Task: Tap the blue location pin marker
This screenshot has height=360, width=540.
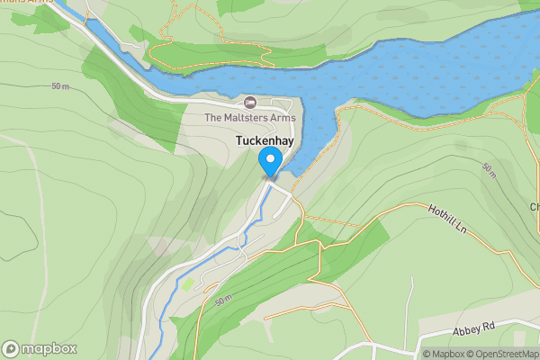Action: (x=270, y=162)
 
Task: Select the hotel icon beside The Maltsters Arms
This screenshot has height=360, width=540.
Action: (x=249, y=102)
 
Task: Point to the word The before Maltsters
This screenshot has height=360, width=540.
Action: (x=213, y=117)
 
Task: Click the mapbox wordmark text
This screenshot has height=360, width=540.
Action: (x=49, y=349)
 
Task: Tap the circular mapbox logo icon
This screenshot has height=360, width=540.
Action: (x=12, y=349)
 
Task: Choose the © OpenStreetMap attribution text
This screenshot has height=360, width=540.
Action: (x=506, y=354)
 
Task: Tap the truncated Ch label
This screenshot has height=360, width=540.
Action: (x=534, y=207)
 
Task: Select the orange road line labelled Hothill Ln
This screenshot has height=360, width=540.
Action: (x=396, y=209)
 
